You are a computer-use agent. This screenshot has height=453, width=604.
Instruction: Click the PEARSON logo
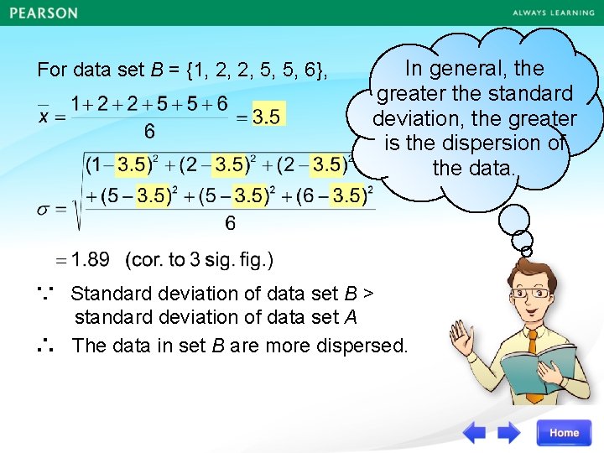(44, 13)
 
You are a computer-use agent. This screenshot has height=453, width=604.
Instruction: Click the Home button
(564, 433)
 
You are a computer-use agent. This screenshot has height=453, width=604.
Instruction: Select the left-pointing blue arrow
(475, 433)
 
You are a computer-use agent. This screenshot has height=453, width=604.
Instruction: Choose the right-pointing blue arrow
(509, 433)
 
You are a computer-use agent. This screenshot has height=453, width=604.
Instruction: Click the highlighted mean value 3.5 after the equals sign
(267, 117)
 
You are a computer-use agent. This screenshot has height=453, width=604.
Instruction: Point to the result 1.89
(90, 259)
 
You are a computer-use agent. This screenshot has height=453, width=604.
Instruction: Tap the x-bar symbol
(47, 116)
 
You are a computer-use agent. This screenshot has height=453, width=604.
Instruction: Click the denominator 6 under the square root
(229, 224)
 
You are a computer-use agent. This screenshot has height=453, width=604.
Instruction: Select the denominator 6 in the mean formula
(149, 132)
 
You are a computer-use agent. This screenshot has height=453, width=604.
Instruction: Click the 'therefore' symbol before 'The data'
(46, 345)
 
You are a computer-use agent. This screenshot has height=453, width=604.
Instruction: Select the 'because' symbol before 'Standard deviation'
(45, 292)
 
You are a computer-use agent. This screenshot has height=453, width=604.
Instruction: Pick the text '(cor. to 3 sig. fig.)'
(199, 259)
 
